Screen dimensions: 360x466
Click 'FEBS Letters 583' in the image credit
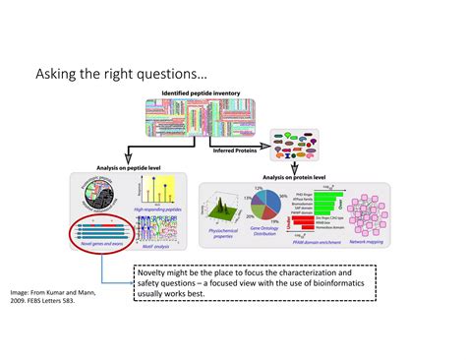[x=56, y=302]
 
